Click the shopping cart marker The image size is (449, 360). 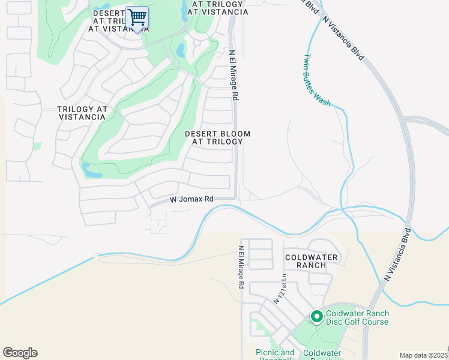point(137,18)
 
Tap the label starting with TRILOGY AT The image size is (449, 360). point(82,113)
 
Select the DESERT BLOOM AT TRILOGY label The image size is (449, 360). point(217,137)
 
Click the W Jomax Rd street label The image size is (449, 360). point(191,199)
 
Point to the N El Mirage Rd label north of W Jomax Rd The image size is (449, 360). point(234,74)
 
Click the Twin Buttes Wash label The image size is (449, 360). point(316,80)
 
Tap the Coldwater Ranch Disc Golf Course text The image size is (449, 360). point(358,317)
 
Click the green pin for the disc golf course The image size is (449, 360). point(316,316)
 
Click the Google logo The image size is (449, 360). point(20,353)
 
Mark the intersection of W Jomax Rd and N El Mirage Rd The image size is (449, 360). point(237,199)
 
